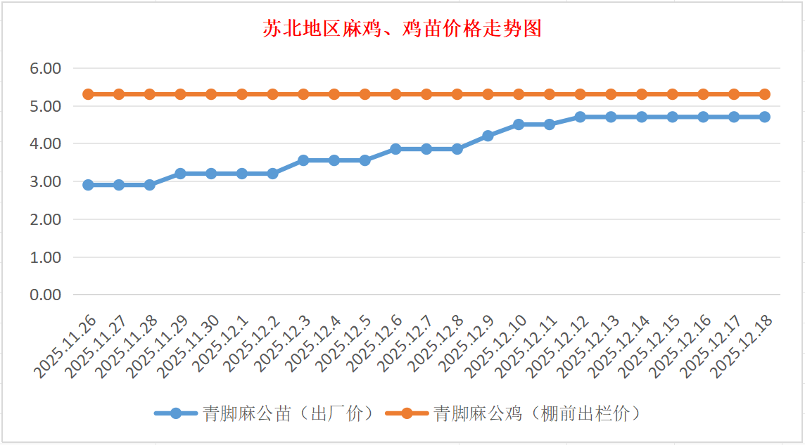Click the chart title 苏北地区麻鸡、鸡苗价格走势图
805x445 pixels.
tap(402, 29)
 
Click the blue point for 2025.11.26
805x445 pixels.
tap(88, 185)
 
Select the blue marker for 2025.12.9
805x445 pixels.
tap(488, 136)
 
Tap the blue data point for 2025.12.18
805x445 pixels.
tap(764, 117)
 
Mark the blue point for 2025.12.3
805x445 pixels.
tap(303, 160)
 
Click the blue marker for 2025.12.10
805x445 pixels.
tap(519, 124)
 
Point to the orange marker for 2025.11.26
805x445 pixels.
tap(88, 94)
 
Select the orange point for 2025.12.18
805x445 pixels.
tap(764, 94)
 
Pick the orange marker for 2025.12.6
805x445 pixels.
tap(395, 94)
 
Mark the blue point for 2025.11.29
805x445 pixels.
tap(180, 173)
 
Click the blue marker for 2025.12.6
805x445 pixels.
tap(395, 149)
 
